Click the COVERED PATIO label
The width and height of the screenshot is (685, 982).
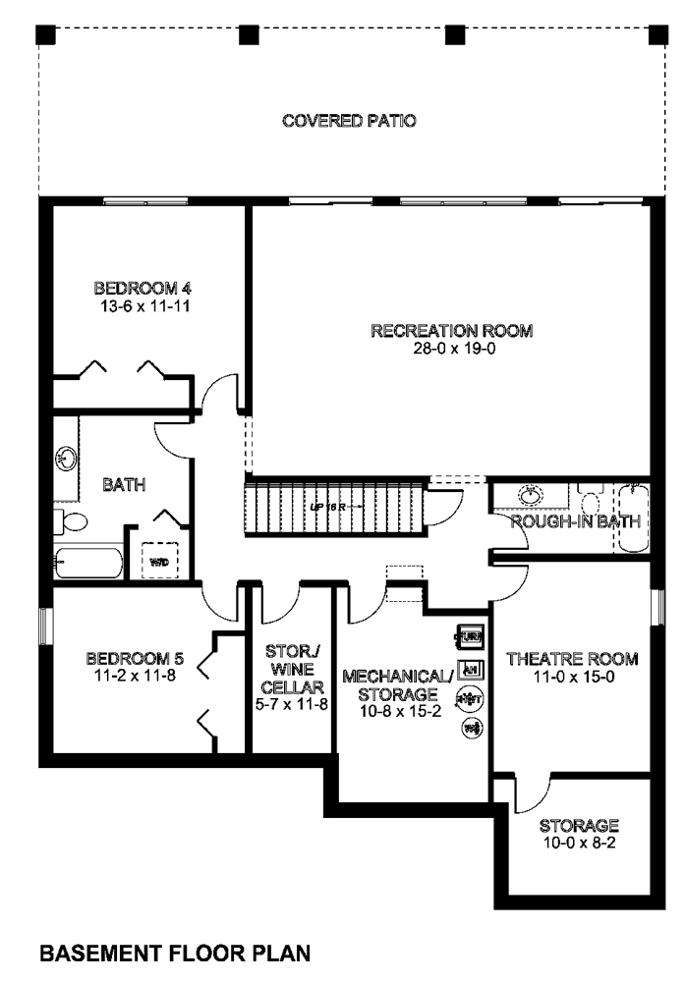click(x=349, y=122)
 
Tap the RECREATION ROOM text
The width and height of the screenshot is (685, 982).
click(x=451, y=331)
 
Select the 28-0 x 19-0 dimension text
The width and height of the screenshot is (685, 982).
click(x=451, y=349)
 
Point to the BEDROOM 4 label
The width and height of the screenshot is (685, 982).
click(x=142, y=289)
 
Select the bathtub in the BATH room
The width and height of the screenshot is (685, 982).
click(x=87, y=563)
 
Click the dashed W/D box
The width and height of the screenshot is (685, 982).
click(x=158, y=562)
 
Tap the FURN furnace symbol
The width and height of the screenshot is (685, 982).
click(x=470, y=638)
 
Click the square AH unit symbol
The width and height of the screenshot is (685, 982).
click(x=471, y=669)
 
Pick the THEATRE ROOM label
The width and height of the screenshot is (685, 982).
click(x=571, y=659)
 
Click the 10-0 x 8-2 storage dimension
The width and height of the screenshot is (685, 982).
click(x=578, y=843)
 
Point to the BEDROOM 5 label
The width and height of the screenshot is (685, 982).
click(x=130, y=658)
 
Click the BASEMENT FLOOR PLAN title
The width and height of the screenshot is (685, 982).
click(x=176, y=953)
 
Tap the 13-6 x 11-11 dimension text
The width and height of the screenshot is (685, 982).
click(x=142, y=306)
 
